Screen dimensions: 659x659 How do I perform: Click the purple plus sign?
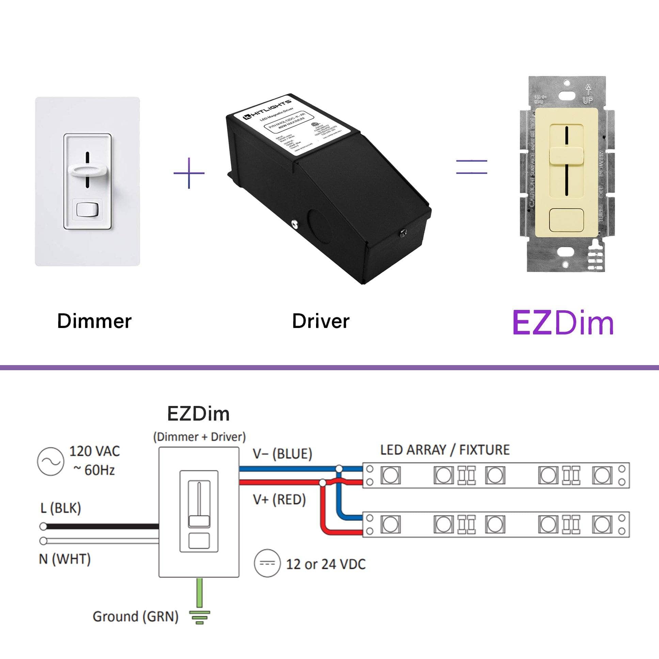[189, 173]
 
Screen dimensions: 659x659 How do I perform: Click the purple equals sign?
[472, 167]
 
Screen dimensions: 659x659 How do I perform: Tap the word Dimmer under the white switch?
[94, 321]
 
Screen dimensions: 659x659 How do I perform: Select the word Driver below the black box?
[320, 321]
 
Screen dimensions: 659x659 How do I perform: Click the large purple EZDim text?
[563, 323]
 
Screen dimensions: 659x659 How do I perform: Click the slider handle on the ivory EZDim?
[566, 157]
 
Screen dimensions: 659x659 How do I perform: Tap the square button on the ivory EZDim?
[566, 220]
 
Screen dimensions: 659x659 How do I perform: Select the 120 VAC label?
[94, 451]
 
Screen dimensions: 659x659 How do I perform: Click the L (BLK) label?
[61, 508]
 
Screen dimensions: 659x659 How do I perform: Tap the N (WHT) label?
[65, 560]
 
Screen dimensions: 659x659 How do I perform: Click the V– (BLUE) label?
[282, 454]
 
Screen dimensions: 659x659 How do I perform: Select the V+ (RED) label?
[279, 500]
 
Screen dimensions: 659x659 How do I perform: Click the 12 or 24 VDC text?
[326, 564]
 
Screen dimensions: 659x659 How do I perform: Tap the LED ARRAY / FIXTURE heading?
[445, 450]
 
